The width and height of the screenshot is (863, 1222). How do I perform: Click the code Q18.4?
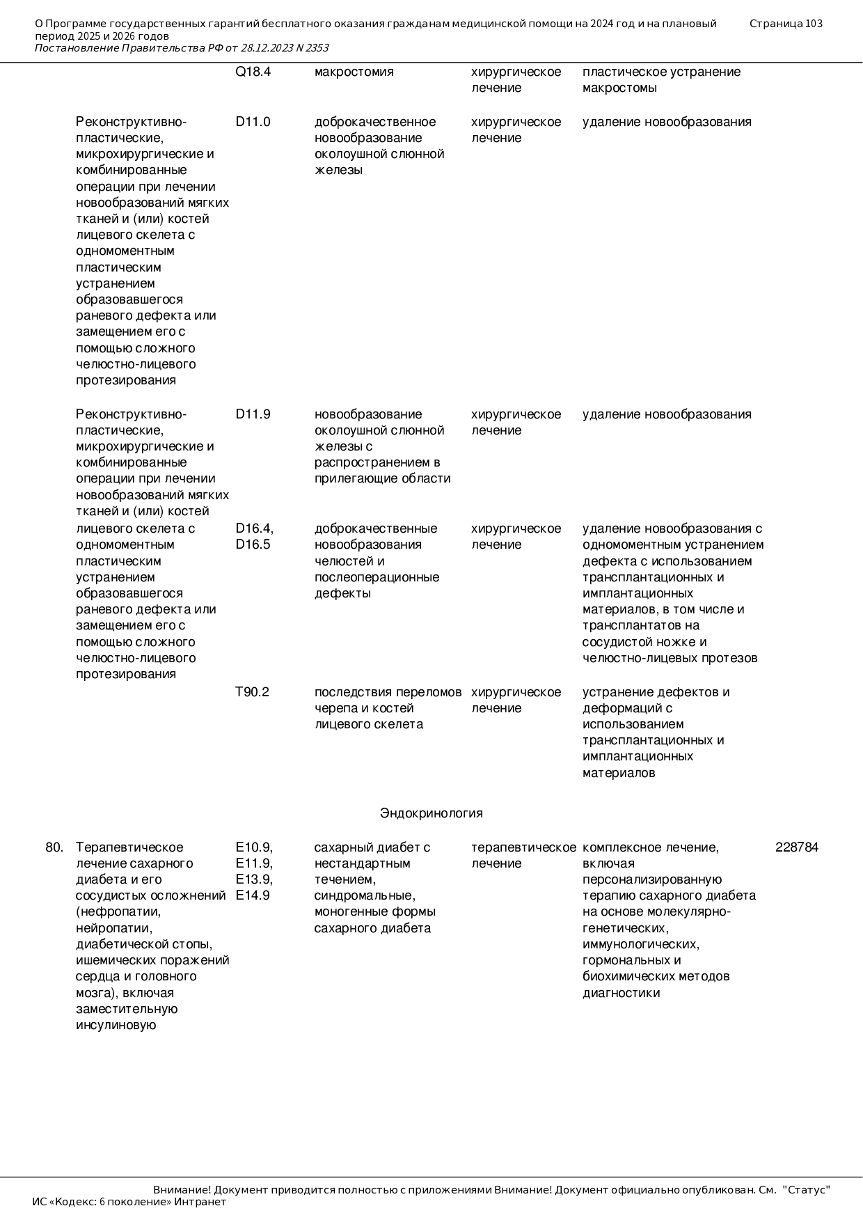pos(253,72)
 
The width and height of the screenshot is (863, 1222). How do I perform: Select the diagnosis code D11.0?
pos(253,122)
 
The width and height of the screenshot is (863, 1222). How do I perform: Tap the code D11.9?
pos(253,414)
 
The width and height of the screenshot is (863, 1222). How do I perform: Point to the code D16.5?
pos(253,545)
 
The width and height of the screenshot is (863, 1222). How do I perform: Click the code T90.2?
pos(252,692)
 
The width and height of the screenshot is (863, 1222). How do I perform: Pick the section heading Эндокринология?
pos(431,813)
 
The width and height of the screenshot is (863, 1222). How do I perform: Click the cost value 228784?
pos(797,847)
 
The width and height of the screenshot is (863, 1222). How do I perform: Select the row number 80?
pos(54,847)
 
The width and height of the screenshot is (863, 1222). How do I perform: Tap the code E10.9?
pos(253,847)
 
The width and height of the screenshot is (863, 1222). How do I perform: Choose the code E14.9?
pos(253,895)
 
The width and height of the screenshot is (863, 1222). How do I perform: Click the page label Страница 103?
pos(786,24)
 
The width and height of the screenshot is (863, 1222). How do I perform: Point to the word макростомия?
pos(354,72)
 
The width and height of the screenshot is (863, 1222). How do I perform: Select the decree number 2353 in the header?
pos(317,48)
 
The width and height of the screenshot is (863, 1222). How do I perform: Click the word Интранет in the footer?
pos(200,1202)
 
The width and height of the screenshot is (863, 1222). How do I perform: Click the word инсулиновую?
pos(116,1025)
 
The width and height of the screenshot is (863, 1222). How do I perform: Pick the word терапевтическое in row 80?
pos(523,847)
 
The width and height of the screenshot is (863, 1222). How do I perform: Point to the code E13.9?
pos(253,879)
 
